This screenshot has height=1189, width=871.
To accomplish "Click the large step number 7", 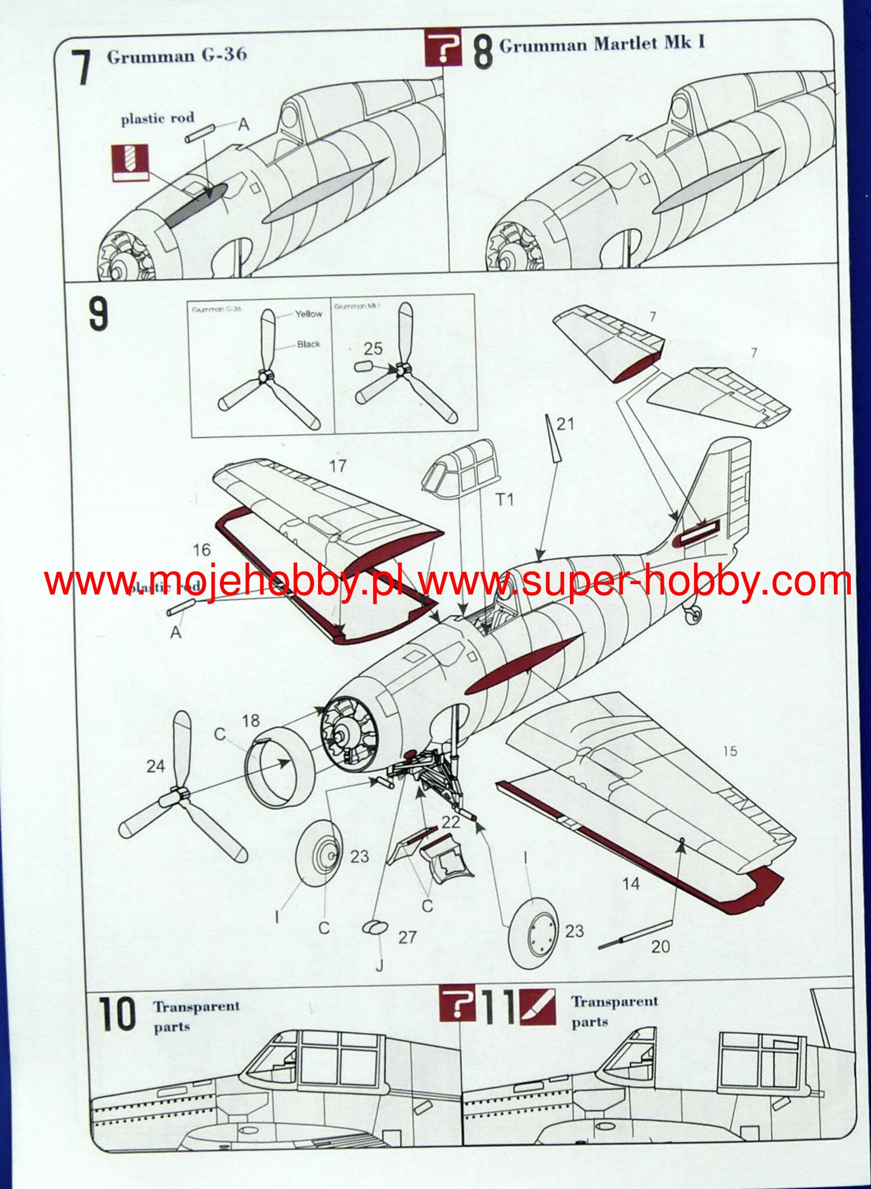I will click(83, 68).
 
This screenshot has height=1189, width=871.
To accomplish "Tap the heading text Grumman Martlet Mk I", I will click(602, 45).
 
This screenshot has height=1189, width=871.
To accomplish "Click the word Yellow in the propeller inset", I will click(308, 314).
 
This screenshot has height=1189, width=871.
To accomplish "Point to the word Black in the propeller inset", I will click(308, 344).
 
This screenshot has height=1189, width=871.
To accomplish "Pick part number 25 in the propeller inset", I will click(373, 348).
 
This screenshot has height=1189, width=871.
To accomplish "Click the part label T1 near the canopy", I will click(504, 499).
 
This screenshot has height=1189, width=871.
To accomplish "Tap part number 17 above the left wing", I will click(337, 466).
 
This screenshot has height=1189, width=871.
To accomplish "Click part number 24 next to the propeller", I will click(156, 767).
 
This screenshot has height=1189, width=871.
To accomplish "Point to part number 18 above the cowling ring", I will click(251, 721).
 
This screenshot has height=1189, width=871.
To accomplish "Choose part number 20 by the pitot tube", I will click(660, 947).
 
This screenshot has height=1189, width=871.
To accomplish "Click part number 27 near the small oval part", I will click(407, 937).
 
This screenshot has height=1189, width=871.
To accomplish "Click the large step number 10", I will click(117, 1014).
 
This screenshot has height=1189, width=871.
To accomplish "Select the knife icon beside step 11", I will click(538, 1007).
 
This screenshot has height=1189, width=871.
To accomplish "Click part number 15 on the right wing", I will click(729, 751).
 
